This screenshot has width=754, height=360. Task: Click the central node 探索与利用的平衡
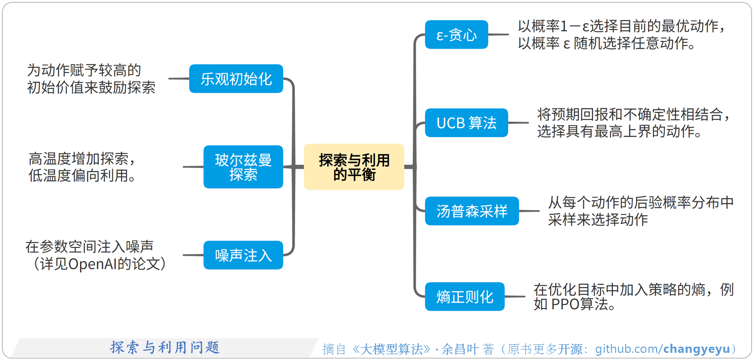click(354, 167)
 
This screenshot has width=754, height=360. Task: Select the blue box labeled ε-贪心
click(456, 35)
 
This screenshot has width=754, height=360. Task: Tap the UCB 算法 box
click(466, 123)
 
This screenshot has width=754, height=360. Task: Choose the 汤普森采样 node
click(471, 211)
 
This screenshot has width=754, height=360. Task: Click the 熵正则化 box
click(464, 296)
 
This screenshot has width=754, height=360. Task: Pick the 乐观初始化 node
click(236, 79)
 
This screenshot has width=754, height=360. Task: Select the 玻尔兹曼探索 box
click(243, 167)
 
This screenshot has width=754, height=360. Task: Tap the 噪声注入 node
click(243, 255)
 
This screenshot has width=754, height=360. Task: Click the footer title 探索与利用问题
click(165, 347)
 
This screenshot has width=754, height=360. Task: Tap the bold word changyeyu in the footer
click(696, 349)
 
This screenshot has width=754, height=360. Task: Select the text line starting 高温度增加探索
click(83, 158)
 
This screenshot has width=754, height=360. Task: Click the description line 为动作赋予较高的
click(84, 70)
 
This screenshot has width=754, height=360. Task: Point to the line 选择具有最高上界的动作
click(619, 131)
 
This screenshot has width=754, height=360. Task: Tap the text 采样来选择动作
click(597, 220)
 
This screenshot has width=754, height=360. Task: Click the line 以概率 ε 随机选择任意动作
click(606, 43)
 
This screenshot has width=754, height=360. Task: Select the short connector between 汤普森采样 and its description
click(529, 211)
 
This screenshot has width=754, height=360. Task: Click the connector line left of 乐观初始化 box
click(179, 79)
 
